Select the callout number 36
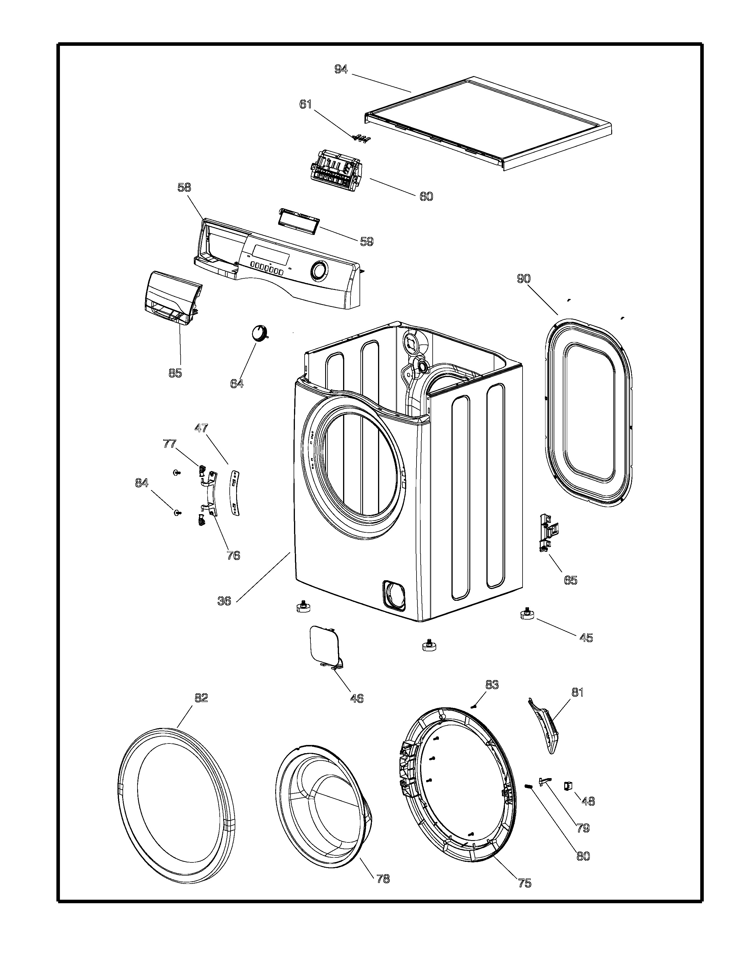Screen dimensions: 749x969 pyautogui.click(x=224, y=601)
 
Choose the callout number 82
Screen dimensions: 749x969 pyautogui.click(x=201, y=698)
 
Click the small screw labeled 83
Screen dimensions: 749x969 pyautogui.click(x=473, y=706)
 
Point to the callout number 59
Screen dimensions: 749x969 pyautogui.click(x=367, y=241)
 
